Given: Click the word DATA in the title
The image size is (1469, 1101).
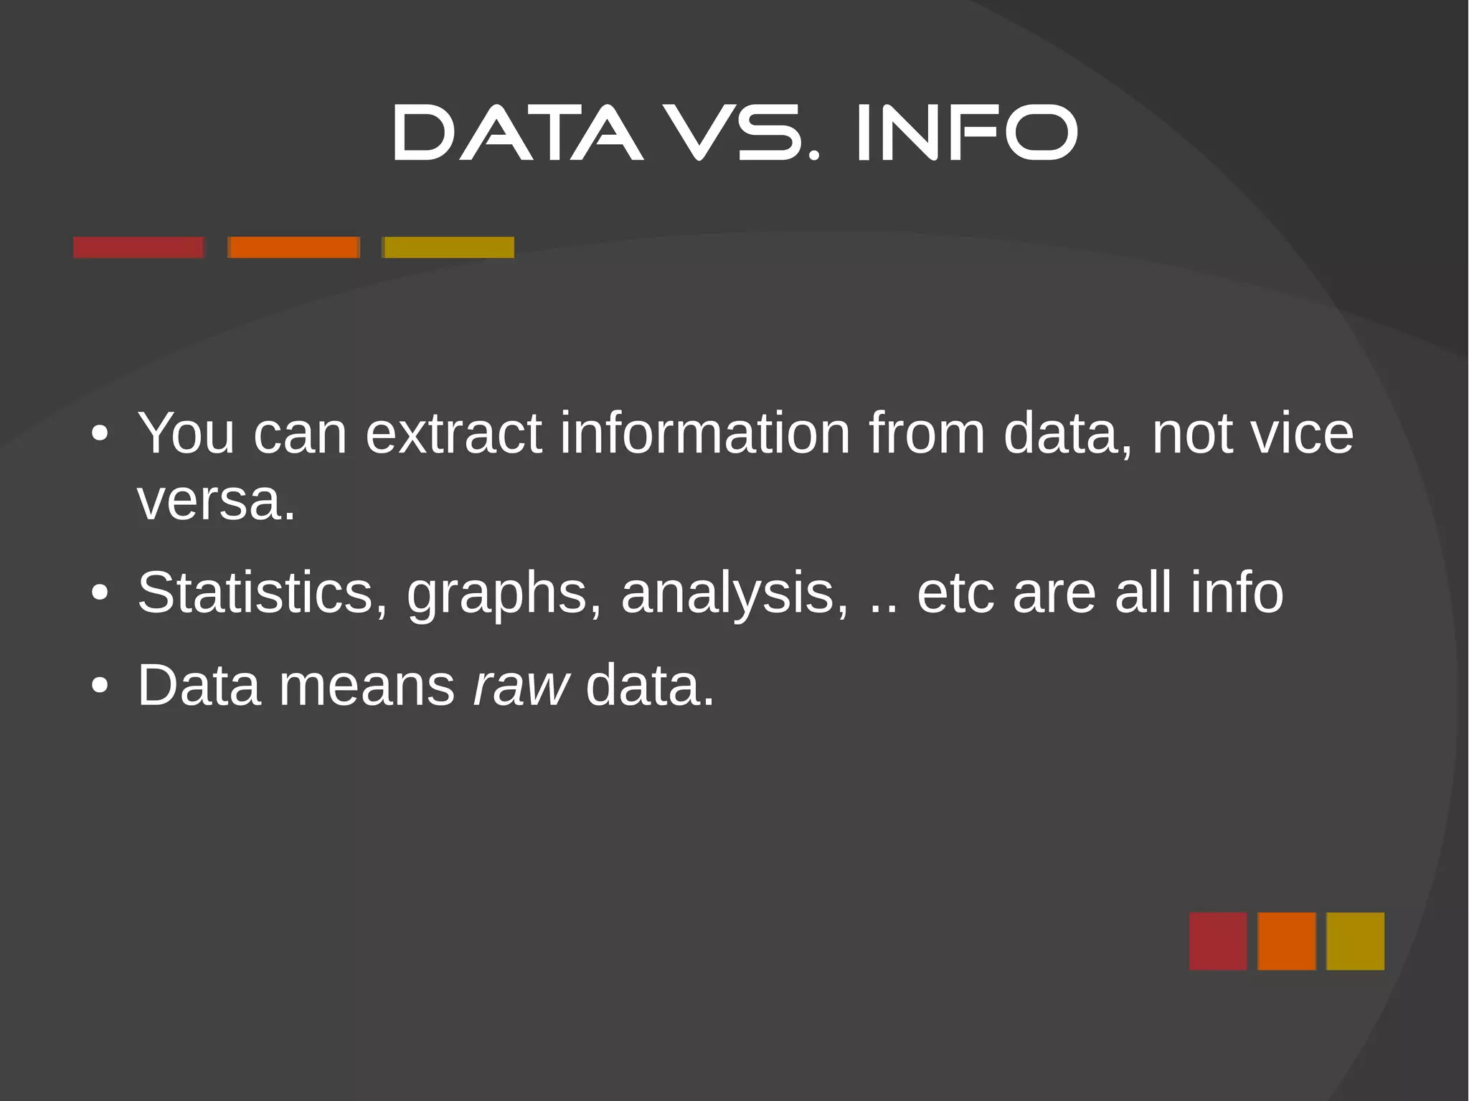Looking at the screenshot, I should pos(517,133).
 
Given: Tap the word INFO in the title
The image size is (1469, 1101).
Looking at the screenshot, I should pos(966,133).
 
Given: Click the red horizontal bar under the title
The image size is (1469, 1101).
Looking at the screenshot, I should pos(138,247).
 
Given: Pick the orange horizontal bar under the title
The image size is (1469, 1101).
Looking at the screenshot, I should pos(293,247).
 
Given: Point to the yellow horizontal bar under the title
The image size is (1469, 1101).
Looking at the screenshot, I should pos(448,247).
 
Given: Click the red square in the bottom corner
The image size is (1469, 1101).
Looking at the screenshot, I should pos(1217,941).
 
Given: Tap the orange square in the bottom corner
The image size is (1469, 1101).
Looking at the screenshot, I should pos(1286,941).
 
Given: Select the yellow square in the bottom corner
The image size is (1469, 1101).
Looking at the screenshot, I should pos(1355,941).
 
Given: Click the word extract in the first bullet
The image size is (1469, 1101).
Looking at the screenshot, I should pos(453,434).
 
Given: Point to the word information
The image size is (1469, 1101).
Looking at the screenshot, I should pos(704,434).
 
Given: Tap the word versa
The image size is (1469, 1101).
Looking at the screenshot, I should pos(216,501).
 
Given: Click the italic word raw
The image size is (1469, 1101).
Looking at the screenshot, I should pos(521,686).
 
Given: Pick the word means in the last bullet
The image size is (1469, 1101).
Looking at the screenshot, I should pos(367,686).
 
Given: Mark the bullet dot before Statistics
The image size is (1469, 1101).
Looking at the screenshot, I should pos(100,593).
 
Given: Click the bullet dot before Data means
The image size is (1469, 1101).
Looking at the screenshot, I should pos(100,686).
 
